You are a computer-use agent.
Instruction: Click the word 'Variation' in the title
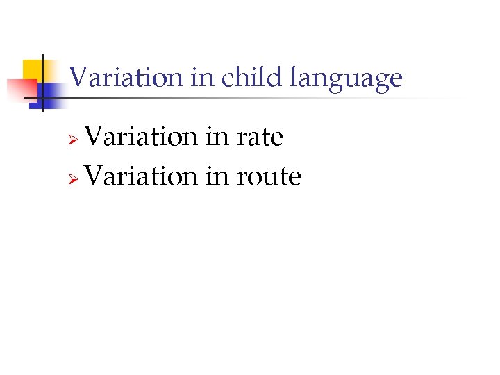pyautogui.click(x=126, y=77)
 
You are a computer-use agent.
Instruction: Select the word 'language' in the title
pyautogui.click(x=346, y=78)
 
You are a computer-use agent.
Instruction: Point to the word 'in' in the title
pyautogui.click(x=202, y=77)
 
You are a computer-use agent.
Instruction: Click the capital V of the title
pyautogui.click(x=78, y=77)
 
